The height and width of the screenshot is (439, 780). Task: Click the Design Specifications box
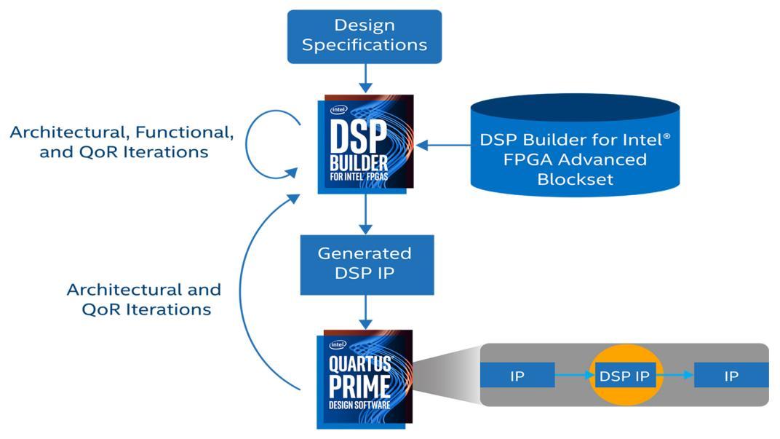pyautogui.click(x=364, y=36)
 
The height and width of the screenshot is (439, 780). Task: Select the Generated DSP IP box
pyautogui.click(x=367, y=264)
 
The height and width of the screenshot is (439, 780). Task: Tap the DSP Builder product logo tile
pyautogui.click(x=365, y=143)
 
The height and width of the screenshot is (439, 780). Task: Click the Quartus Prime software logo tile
pyautogui.click(x=365, y=379)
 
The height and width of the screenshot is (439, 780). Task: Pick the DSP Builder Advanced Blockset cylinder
pyautogui.click(x=575, y=146)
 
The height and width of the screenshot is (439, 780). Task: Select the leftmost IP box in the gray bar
pyautogui.click(x=517, y=375)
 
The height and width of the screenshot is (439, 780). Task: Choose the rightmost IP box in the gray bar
pyautogui.click(x=731, y=375)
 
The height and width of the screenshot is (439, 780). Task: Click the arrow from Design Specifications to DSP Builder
pyautogui.click(x=365, y=78)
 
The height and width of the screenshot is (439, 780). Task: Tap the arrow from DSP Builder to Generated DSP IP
pyautogui.click(x=365, y=214)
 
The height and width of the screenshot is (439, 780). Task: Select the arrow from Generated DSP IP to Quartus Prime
pyautogui.click(x=365, y=312)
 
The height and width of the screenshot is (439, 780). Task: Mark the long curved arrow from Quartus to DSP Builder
pyautogui.click(x=241, y=291)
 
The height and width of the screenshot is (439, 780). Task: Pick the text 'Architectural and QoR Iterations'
pyautogui.click(x=144, y=300)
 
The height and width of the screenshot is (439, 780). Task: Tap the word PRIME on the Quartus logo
pyautogui.click(x=359, y=387)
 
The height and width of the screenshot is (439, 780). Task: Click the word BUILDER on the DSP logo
pyautogui.click(x=359, y=163)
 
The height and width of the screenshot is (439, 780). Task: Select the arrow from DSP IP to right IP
pyautogui.click(x=675, y=375)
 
